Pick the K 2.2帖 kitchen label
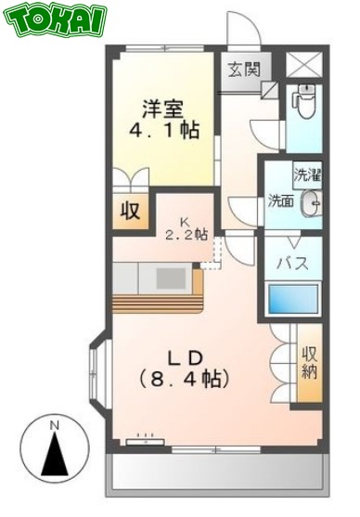[x=185, y=227]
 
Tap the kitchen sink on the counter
[x=171, y=277]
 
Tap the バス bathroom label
[x=294, y=262]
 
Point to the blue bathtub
[x=292, y=299]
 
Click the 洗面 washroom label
[x=279, y=200]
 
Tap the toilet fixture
[x=302, y=102]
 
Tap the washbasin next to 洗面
[x=312, y=200]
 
